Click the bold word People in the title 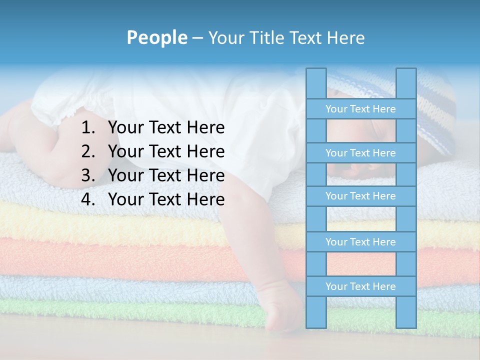click(156, 37)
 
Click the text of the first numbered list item click(166, 128)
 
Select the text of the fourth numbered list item click(166, 199)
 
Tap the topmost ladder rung click(360, 109)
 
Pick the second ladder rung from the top click(360, 153)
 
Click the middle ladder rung click(360, 196)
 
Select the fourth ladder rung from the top click(360, 242)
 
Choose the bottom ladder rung click(360, 286)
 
